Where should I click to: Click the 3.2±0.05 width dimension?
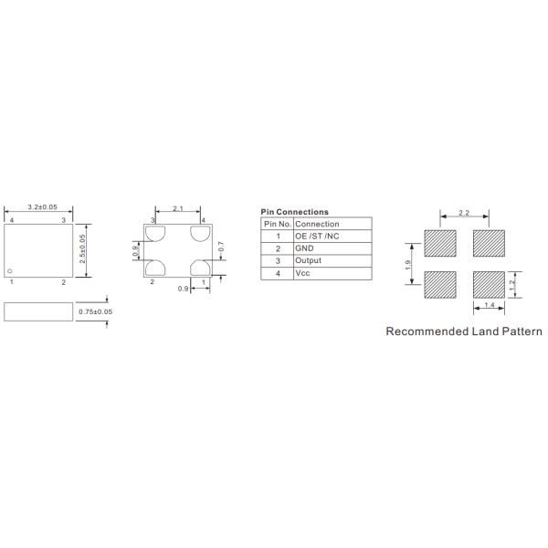point(41,207)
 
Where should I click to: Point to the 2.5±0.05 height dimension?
point(84,249)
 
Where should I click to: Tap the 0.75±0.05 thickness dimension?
point(96,311)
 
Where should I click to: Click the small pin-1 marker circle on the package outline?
point(10,270)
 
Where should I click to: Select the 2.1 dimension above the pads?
point(177,208)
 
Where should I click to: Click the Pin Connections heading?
point(294,212)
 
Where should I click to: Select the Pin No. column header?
point(277,224)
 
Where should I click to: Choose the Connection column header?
point(317,224)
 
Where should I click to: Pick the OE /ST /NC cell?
point(317,236)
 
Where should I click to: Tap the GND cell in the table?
point(304,248)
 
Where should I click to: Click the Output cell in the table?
point(308,260)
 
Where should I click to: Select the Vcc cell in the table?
point(302,273)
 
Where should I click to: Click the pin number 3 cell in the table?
point(277,260)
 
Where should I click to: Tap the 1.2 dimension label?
point(514,284)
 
